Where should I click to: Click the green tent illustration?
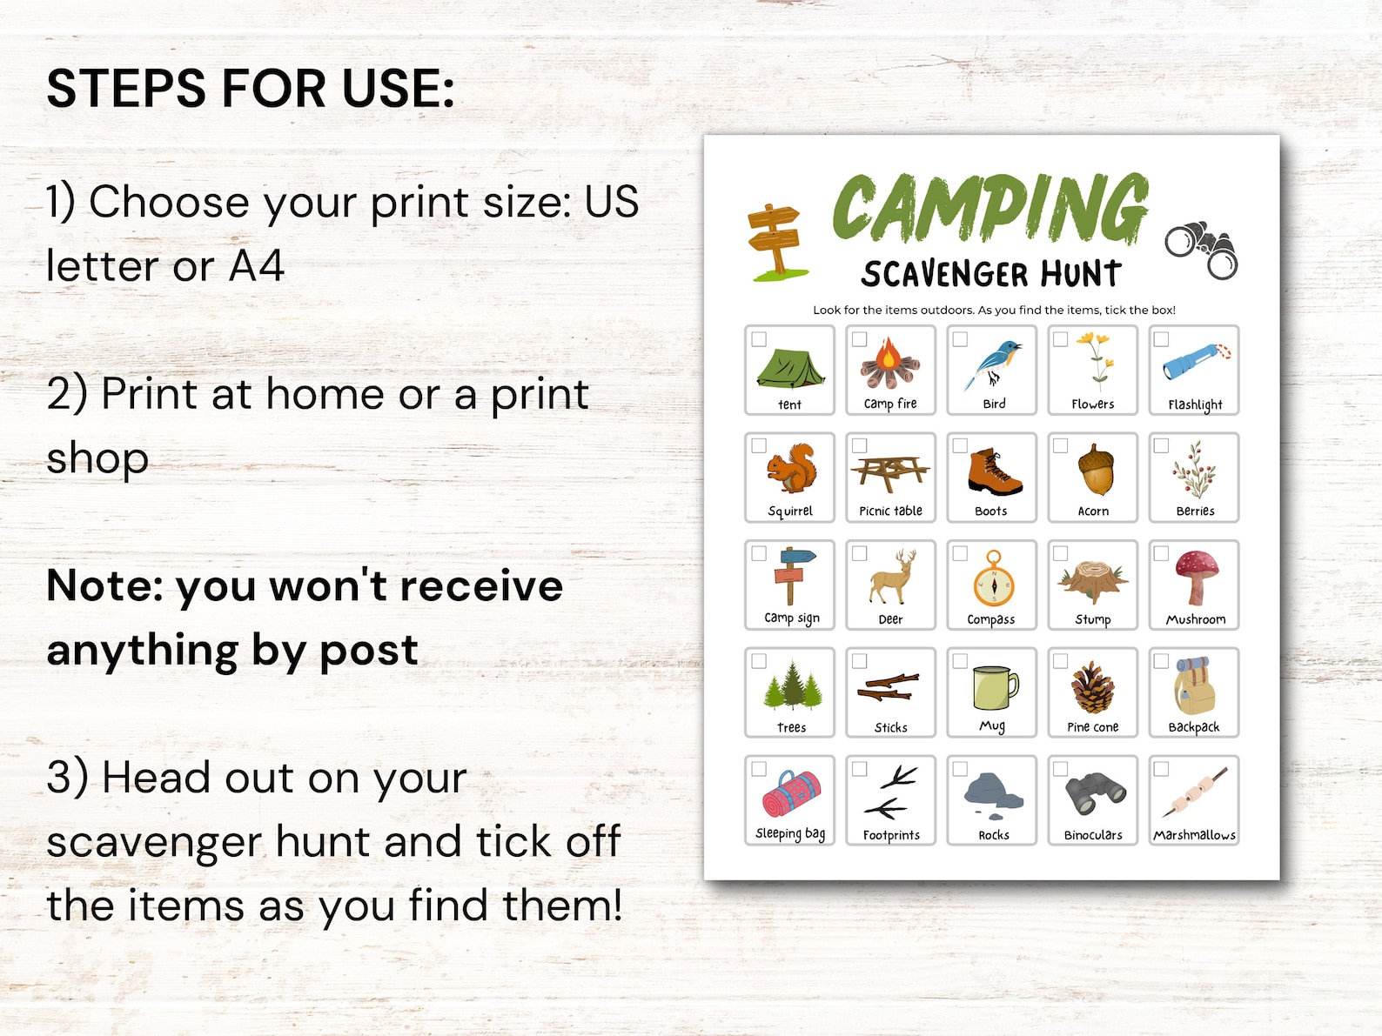(790, 367)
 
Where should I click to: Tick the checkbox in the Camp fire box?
(860, 339)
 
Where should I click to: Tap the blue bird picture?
(991, 364)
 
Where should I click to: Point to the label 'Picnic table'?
(890, 511)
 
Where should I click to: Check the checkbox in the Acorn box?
(1061, 445)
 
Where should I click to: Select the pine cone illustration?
(1092, 688)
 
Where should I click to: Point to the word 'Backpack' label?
(1194, 727)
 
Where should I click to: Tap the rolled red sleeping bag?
(791, 793)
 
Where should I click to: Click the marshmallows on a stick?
(1194, 792)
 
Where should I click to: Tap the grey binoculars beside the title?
(1202, 249)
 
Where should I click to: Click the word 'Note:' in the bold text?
(104, 585)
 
